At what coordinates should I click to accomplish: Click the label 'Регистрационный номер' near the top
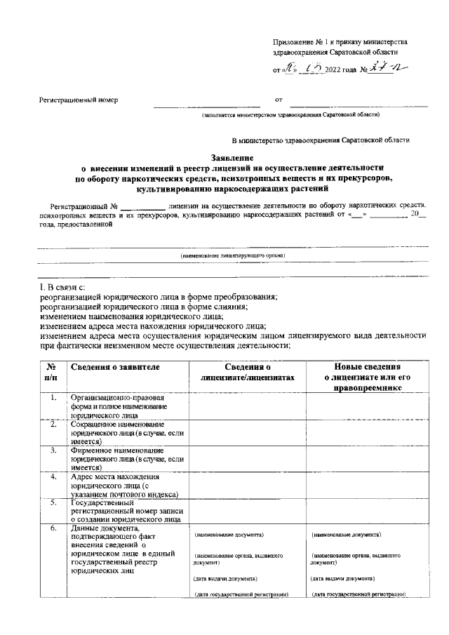click(x=78, y=100)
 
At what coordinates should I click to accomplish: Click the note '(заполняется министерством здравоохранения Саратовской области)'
click(x=290, y=114)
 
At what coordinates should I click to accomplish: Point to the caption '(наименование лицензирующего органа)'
click(x=232, y=256)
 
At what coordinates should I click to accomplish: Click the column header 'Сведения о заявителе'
click(x=116, y=367)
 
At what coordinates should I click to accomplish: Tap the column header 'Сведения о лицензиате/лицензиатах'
click(x=248, y=372)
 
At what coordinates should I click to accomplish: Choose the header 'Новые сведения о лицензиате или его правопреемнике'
click(x=366, y=377)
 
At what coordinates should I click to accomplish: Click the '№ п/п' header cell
click(x=51, y=372)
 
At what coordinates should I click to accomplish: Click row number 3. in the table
click(x=53, y=450)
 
